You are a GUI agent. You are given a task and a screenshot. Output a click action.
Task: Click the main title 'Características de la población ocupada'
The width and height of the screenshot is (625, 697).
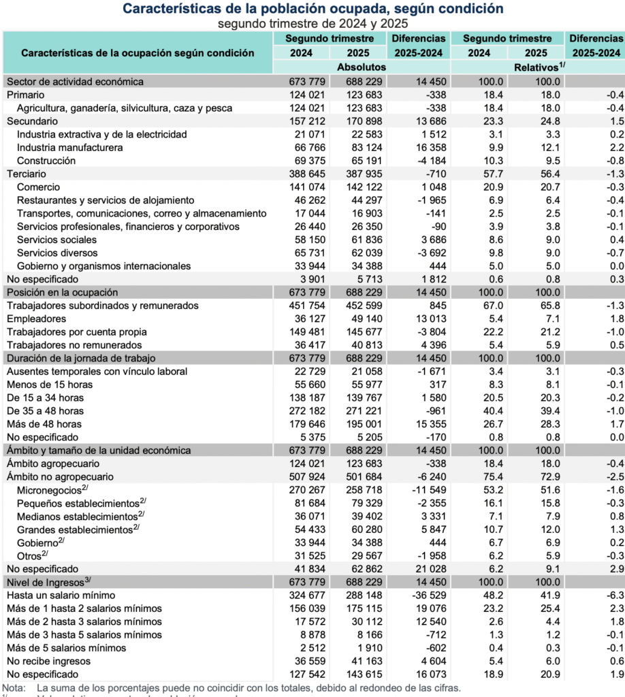313,9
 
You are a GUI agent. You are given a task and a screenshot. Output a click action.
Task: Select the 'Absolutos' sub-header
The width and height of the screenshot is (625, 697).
362,67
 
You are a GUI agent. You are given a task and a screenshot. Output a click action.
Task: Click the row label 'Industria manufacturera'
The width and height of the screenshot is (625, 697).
69,148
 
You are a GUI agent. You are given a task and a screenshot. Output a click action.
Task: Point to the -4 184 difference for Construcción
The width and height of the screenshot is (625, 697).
429,161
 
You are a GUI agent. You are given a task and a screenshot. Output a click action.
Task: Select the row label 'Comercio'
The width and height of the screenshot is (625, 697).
38,187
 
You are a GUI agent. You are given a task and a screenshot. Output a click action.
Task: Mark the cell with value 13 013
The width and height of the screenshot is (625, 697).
429,319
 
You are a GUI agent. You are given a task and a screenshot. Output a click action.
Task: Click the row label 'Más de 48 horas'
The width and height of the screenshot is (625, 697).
42,424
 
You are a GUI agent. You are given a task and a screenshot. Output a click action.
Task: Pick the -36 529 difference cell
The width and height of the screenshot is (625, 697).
428,595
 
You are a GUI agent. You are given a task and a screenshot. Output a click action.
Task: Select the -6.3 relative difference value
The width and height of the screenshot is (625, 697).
613,595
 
